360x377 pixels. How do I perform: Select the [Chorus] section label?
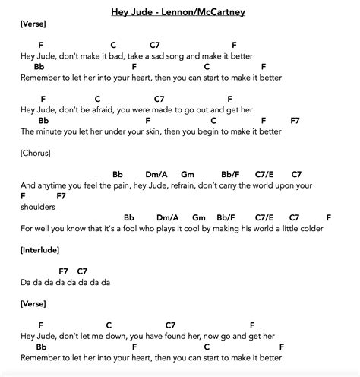(x=36, y=153)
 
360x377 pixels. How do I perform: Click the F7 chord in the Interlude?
(x=64, y=271)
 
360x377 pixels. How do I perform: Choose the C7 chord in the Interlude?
(x=83, y=271)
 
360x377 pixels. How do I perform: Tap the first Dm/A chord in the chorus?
(x=151, y=174)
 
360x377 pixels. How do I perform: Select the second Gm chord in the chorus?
(x=200, y=217)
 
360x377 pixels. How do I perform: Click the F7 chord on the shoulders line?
(x=62, y=195)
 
